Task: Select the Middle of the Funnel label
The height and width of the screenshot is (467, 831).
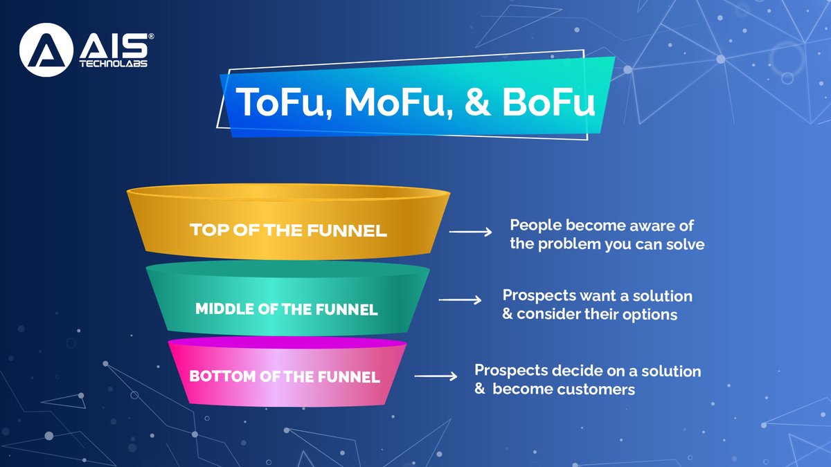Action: point(287,309)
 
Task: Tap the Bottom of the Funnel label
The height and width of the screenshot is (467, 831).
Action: point(285,377)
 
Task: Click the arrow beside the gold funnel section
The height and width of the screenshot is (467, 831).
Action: point(471,232)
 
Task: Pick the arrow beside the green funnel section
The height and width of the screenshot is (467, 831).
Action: point(461,300)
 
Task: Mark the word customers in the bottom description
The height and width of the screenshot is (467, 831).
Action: point(596,390)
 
